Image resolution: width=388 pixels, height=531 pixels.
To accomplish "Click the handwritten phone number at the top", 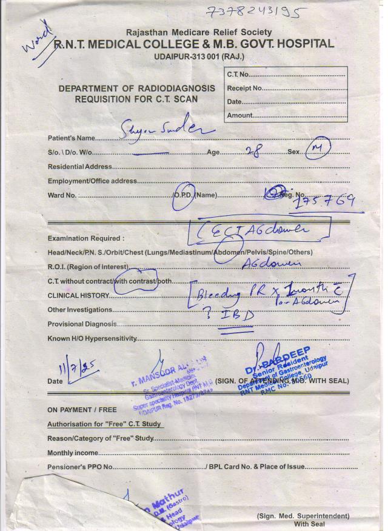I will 254,12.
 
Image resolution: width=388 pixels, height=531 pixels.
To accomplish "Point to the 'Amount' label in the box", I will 240,115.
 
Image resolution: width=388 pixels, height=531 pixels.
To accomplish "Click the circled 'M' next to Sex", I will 316,150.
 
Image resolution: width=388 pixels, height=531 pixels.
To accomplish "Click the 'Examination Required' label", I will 85,238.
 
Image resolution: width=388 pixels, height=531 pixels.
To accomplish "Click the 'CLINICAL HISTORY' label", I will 78,296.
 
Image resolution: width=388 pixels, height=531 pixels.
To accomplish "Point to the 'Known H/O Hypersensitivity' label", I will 92,339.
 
